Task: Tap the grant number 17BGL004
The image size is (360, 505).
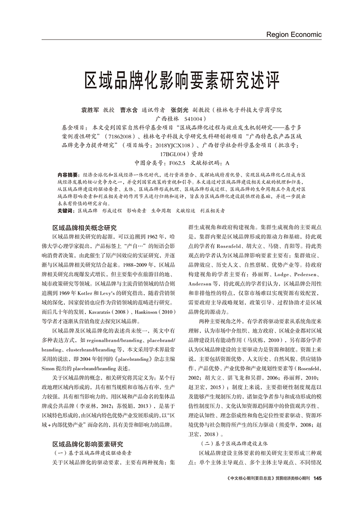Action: pos(174,154)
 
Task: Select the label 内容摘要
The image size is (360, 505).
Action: pos(68,174)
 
